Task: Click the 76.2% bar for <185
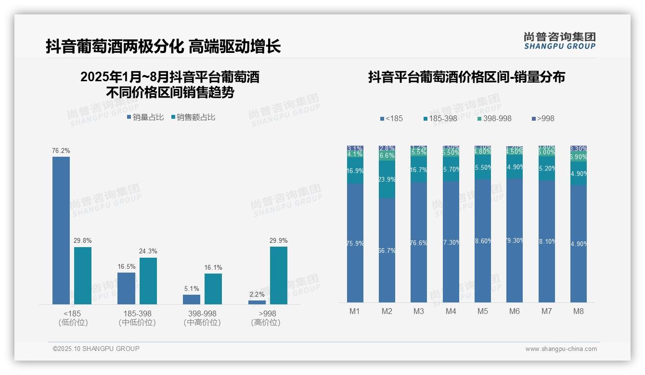[x=61, y=230]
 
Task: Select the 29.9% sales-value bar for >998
[x=278, y=275]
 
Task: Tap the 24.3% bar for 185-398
[x=148, y=281]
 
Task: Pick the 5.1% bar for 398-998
[x=192, y=299]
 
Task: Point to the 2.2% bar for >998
[x=257, y=302]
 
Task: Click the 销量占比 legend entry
[x=145, y=117]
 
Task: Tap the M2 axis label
[x=387, y=311]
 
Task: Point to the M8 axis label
[x=579, y=311]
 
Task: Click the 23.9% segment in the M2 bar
[x=387, y=179]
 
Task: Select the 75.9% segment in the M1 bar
[x=355, y=243]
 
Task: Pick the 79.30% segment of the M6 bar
[x=515, y=240]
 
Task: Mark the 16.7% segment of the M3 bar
[x=419, y=170]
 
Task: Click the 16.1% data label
[x=213, y=268]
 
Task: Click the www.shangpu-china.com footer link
[x=561, y=349]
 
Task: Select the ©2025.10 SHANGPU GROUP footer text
[x=96, y=349]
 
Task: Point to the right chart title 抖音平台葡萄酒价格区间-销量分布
[x=466, y=77]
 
